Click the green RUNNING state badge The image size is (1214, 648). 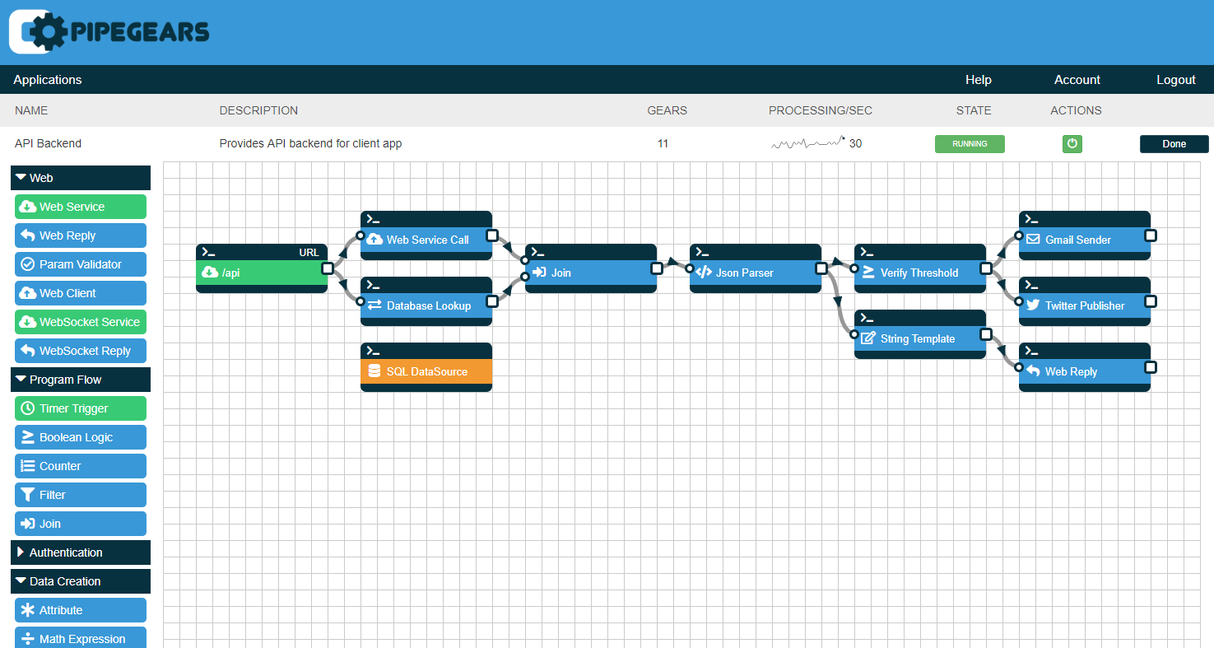click(x=970, y=144)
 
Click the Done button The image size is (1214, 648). click(x=1174, y=144)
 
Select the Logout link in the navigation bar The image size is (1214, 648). click(x=1175, y=80)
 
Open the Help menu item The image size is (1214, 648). click(x=979, y=80)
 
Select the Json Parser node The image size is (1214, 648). click(x=756, y=268)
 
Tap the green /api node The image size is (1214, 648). click(x=262, y=268)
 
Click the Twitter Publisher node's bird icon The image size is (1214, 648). click(x=1033, y=305)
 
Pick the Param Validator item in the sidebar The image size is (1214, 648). click(x=80, y=264)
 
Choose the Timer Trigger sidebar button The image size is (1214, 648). click(x=80, y=408)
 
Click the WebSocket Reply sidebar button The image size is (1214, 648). click(x=80, y=351)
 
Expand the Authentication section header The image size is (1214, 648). click(x=80, y=552)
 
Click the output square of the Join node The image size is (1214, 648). click(x=657, y=268)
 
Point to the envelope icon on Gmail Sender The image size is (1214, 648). click(x=1033, y=239)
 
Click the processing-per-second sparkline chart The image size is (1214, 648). click(x=807, y=142)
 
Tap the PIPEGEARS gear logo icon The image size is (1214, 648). click(x=49, y=31)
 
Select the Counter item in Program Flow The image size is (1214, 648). click(x=80, y=466)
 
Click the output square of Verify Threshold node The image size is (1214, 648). click(x=986, y=268)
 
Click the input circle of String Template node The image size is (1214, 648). click(x=854, y=334)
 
